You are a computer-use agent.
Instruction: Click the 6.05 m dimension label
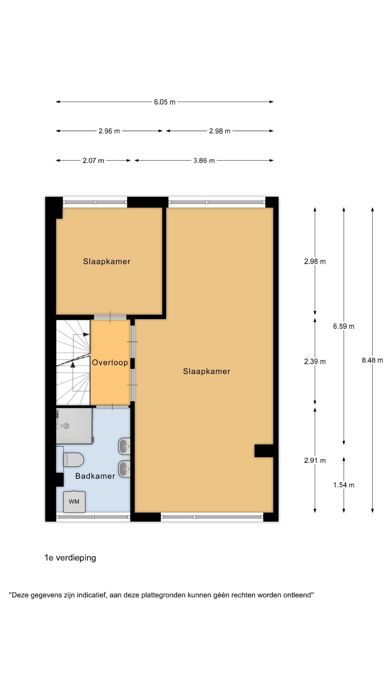(164, 102)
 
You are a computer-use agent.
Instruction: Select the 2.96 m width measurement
(109, 131)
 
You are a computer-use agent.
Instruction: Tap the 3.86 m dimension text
(204, 161)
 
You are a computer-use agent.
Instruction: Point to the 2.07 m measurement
(93, 161)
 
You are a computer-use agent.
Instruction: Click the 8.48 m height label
(372, 360)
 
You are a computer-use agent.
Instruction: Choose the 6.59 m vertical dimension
(344, 326)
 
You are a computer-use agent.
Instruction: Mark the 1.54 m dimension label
(344, 485)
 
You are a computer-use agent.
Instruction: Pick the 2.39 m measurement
(315, 362)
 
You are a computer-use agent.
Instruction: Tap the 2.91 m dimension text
(315, 461)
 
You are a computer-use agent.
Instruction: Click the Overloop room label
(110, 363)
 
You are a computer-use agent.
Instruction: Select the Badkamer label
(95, 476)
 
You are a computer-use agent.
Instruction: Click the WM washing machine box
(74, 501)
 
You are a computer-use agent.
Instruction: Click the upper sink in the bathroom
(124, 446)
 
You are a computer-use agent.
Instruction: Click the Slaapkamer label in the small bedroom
(107, 261)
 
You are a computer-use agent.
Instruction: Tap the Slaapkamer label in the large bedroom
(207, 371)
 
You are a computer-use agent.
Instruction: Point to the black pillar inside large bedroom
(264, 451)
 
